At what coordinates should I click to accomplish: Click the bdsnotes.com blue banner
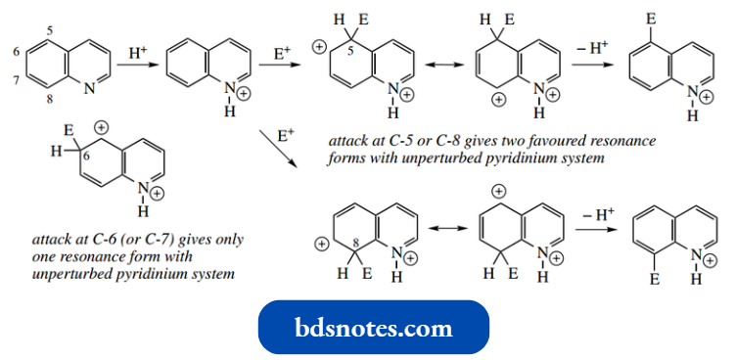click(373, 327)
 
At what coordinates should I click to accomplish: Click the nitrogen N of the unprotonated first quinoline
click(89, 88)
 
